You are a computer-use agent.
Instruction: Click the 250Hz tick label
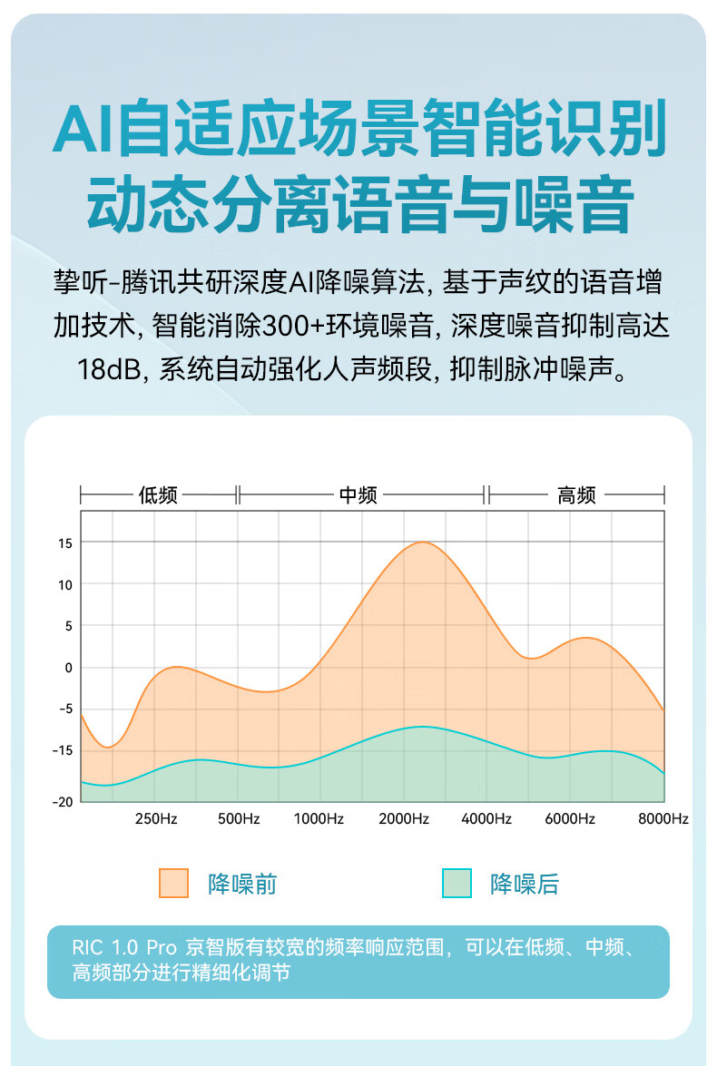(x=156, y=818)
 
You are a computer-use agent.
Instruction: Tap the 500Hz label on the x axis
(x=240, y=818)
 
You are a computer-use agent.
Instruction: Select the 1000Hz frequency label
(x=319, y=818)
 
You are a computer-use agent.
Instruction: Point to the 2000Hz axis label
(x=404, y=818)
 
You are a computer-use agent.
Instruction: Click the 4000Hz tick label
(x=486, y=818)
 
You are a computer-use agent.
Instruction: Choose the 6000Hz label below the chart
(x=570, y=818)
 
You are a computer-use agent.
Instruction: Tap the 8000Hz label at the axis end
(x=663, y=818)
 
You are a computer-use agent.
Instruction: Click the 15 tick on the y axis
(x=65, y=543)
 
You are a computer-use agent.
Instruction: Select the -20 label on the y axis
(x=63, y=802)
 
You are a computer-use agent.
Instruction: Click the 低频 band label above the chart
(x=158, y=495)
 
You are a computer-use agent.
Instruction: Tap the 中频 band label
(x=358, y=495)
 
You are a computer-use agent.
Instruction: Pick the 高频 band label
(x=576, y=495)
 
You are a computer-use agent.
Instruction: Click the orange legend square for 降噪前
(x=173, y=883)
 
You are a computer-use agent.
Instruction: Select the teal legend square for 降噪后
(x=457, y=883)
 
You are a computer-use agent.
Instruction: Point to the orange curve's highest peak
(x=422, y=543)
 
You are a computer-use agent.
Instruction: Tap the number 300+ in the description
(x=299, y=326)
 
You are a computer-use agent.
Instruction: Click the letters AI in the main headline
(x=83, y=130)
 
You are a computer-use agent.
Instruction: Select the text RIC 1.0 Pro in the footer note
(x=123, y=947)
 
